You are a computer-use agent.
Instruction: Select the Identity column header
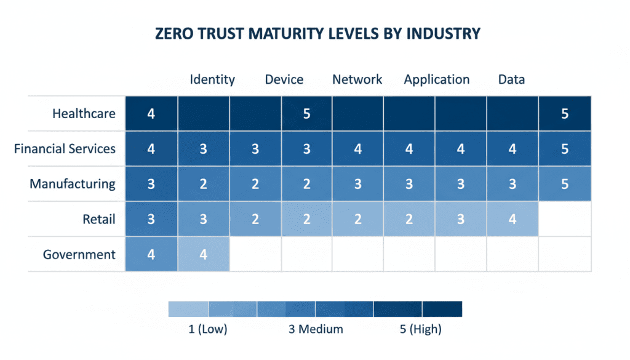(x=212, y=79)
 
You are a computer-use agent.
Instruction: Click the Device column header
(x=284, y=79)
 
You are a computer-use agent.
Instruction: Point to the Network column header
(x=357, y=79)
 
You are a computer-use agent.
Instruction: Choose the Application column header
(x=436, y=79)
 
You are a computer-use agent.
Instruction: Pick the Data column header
(x=511, y=79)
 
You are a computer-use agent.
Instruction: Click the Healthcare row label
(x=84, y=113)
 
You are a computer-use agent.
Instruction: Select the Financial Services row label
(x=65, y=148)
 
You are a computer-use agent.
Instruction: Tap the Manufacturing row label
(x=73, y=183)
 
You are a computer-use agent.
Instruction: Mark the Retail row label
(x=99, y=219)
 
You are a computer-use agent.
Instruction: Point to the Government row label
(x=79, y=254)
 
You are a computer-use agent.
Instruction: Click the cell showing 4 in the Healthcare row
(x=151, y=113)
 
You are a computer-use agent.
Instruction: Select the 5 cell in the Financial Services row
(x=565, y=148)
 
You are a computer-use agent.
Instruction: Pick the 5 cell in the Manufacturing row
(x=565, y=183)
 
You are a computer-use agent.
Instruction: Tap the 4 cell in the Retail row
(x=512, y=219)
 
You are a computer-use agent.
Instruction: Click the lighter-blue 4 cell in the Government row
(x=204, y=254)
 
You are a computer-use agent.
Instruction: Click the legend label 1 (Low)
(x=207, y=329)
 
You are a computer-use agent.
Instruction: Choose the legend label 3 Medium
(x=316, y=329)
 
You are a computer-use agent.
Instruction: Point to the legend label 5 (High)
(x=420, y=329)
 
